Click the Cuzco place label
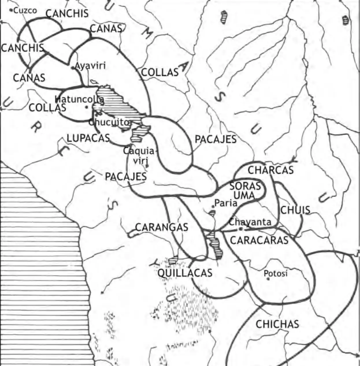[x=25, y=11]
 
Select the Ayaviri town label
[x=90, y=66]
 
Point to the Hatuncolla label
[x=79, y=99]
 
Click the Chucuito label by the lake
[x=108, y=122]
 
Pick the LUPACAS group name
[x=88, y=138]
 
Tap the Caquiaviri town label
[x=140, y=155]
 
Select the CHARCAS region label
[x=270, y=170]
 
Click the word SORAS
[x=245, y=186]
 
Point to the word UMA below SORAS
[x=244, y=196]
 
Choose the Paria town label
[x=226, y=203]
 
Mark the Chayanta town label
[x=250, y=222]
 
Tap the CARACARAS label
[x=259, y=240]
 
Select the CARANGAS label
[x=162, y=227]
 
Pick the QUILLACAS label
[x=185, y=273]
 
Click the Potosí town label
[x=276, y=273]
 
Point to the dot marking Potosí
[x=268, y=279]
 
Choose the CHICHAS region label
[x=277, y=324]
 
